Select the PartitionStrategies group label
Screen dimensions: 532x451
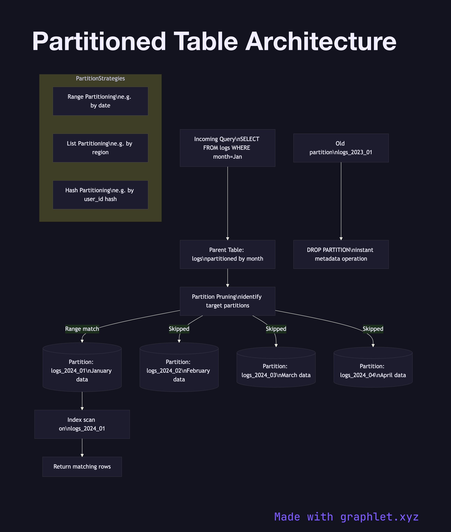pos(100,78)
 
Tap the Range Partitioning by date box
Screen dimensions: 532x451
pos(100,101)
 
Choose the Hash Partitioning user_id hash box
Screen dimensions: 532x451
pos(100,195)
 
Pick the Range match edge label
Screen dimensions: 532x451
pos(82,329)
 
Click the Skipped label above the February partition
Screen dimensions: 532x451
pos(179,329)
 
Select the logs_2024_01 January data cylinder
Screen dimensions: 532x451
pos(82,371)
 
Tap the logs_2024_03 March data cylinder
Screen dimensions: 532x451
pos(276,371)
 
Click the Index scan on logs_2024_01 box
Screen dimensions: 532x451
pos(82,424)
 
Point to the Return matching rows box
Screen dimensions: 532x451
pos(82,467)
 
